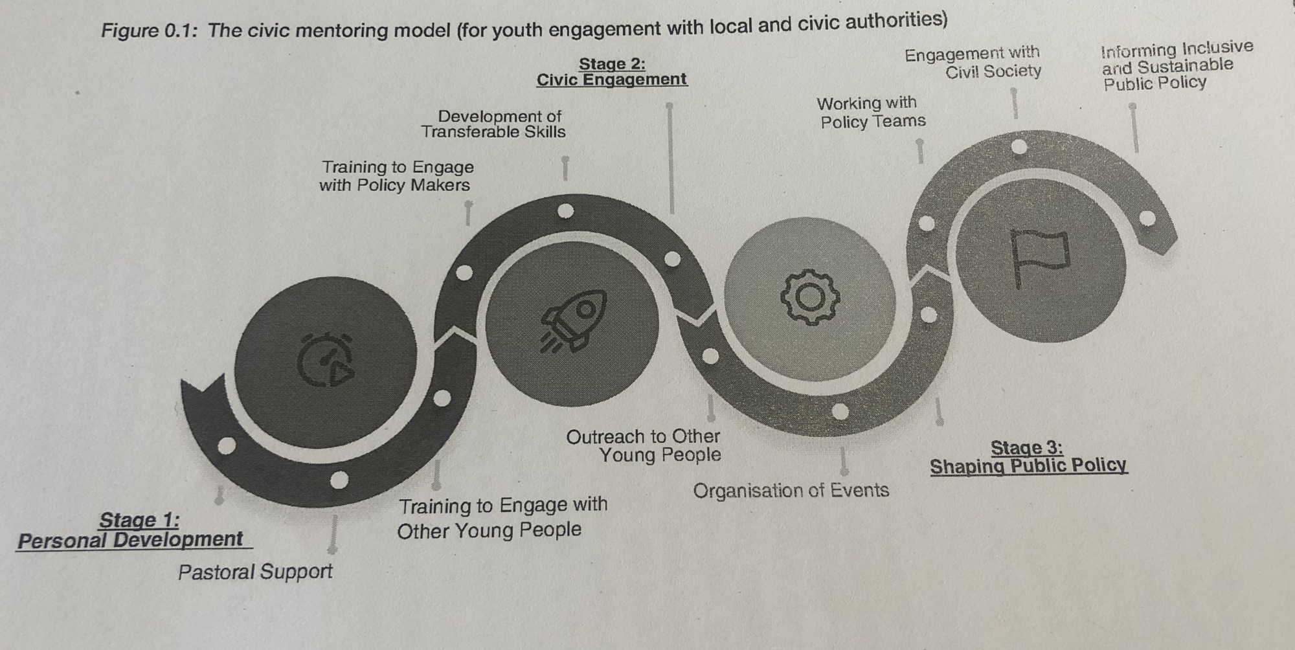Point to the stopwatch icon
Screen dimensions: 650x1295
326,360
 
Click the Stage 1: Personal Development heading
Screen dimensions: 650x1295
133,530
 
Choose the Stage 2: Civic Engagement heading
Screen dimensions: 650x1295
612,72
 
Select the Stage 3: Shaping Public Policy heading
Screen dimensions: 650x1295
1028,457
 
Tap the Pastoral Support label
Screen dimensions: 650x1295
255,572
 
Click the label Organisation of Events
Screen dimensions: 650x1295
791,491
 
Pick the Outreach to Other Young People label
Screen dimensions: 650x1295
644,446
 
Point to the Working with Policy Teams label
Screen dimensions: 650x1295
871,113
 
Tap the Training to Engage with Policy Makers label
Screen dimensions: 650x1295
396,176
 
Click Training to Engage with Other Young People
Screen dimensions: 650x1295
501,518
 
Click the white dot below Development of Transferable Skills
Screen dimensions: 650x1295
565,210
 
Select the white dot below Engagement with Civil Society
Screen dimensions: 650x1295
1019,147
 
